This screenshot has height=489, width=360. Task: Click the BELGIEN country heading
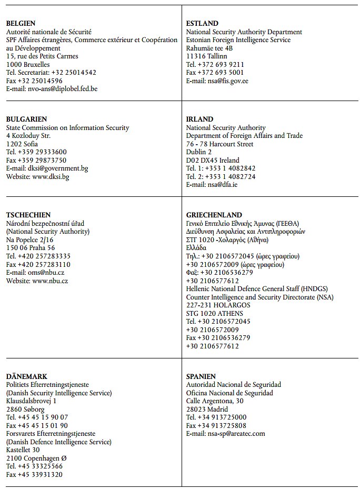[x=21, y=24]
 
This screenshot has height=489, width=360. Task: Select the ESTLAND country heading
[x=202, y=24]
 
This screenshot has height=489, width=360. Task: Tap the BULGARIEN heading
[x=26, y=119]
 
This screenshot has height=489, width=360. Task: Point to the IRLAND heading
[x=199, y=119]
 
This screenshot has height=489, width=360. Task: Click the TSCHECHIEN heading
[x=28, y=215]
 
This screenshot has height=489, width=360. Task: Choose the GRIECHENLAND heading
[x=214, y=215]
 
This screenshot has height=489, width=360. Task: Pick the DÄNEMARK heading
[x=26, y=377]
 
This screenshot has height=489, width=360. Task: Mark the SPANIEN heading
[x=201, y=377]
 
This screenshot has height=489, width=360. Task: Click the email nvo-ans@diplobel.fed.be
[x=63, y=89]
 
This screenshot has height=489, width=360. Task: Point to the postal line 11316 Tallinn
[x=207, y=56]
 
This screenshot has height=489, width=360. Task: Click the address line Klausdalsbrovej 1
[x=31, y=401]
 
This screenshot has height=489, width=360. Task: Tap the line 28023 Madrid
[x=207, y=410]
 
